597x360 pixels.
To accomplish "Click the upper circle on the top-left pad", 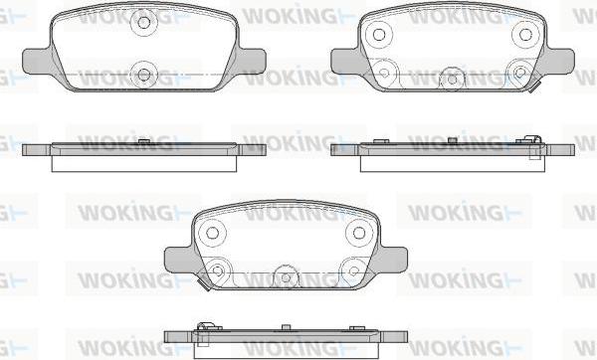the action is [143, 23].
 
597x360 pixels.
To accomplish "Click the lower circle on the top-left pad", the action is [143, 75].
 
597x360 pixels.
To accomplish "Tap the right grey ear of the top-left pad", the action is [252, 61].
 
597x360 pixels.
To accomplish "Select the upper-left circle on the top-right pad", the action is [378, 35].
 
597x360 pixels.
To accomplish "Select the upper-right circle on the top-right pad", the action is [525, 35].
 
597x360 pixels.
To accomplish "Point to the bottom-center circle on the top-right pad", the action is [452, 80].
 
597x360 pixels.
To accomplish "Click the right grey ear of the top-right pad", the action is [558, 61].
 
